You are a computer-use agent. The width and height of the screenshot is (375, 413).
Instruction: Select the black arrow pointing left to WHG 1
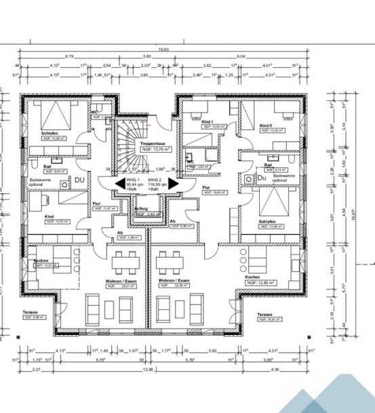(x=119, y=184)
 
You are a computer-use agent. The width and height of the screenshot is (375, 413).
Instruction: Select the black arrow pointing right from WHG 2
(x=173, y=184)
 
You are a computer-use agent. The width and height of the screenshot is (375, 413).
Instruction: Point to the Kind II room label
(x=265, y=125)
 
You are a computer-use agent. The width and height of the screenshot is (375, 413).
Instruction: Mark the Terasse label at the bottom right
(x=264, y=315)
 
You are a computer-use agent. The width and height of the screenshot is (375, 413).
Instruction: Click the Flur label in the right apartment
(x=205, y=186)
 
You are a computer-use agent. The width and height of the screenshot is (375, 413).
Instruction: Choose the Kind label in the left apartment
(x=49, y=216)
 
